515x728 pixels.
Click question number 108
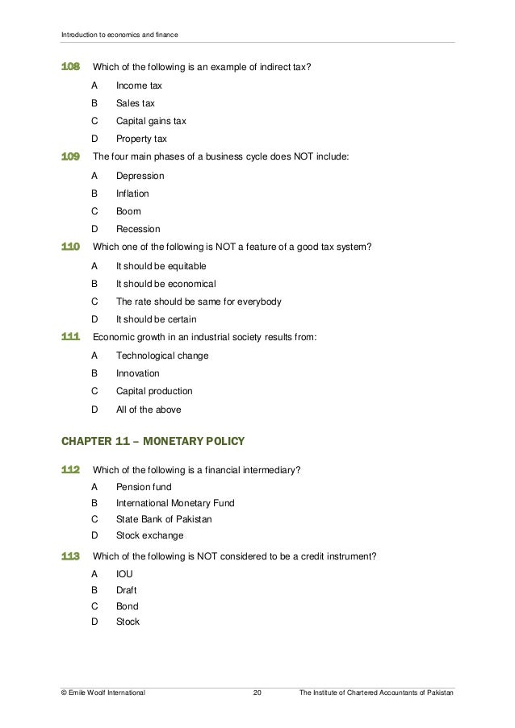pos(72,67)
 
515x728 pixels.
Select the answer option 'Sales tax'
pos(136,103)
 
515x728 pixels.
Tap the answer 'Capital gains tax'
pos(151,121)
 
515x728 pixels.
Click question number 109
pos(72,157)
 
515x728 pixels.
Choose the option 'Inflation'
pos(132,193)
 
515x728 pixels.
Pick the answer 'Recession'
pos(138,229)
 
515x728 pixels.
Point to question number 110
pos(72,247)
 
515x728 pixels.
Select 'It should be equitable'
pos(161,266)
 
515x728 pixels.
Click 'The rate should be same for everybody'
pos(199,302)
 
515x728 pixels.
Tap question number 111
pos(72,337)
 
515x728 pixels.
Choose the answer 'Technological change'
pos(162,356)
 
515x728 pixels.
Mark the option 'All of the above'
pos(149,410)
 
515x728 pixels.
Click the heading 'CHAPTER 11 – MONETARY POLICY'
pos(153,441)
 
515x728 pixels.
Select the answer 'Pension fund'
pos(144,487)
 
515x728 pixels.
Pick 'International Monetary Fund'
pos(175,503)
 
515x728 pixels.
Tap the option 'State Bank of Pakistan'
pos(164,519)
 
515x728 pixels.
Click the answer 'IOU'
pos(124,574)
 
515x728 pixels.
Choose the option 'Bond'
pos(128,606)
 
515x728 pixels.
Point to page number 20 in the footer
pos(257,693)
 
